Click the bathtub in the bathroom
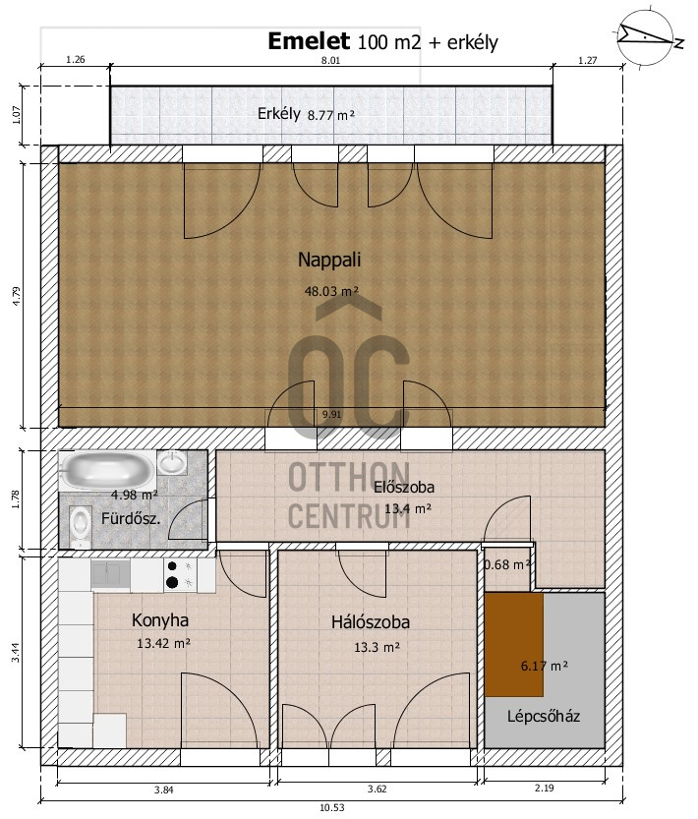pyautogui.click(x=106, y=471)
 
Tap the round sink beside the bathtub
pyautogui.click(x=172, y=463)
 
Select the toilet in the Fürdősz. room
pyautogui.click(x=80, y=523)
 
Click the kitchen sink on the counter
pyautogui.click(x=110, y=573)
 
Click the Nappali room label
pyautogui.click(x=329, y=260)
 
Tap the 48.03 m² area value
pyautogui.click(x=331, y=291)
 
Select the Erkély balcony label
pyautogui.click(x=279, y=113)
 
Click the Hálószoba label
pyautogui.click(x=371, y=622)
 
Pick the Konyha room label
pyautogui.click(x=160, y=620)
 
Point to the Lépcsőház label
pyautogui.click(x=544, y=716)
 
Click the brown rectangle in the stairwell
pyautogui.click(x=514, y=644)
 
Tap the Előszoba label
pyautogui.click(x=404, y=487)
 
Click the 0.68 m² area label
pyautogui.click(x=507, y=564)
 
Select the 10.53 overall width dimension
pyautogui.click(x=332, y=807)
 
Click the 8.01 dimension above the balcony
pyautogui.click(x=330, y=60)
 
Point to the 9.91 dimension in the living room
pyautogui.click(x=331, y=414)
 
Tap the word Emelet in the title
pyautogui.click(x=309, y=41)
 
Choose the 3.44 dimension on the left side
pyautogui.click(x=16, y=653)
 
